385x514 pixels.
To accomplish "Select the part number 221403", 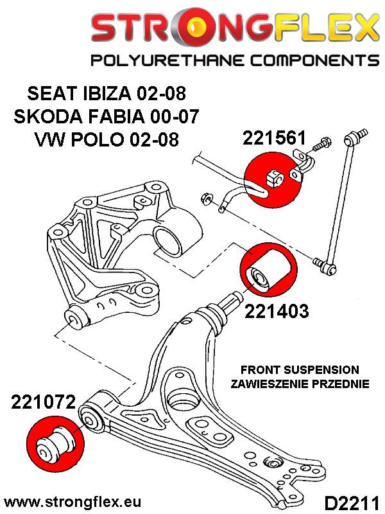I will coord(276,312).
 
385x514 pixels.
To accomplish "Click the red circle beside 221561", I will coord(275,175).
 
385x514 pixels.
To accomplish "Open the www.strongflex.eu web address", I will coord(73,501).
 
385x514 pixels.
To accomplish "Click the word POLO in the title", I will coord(106,139).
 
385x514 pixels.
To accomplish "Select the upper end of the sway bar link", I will coord(353,136).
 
